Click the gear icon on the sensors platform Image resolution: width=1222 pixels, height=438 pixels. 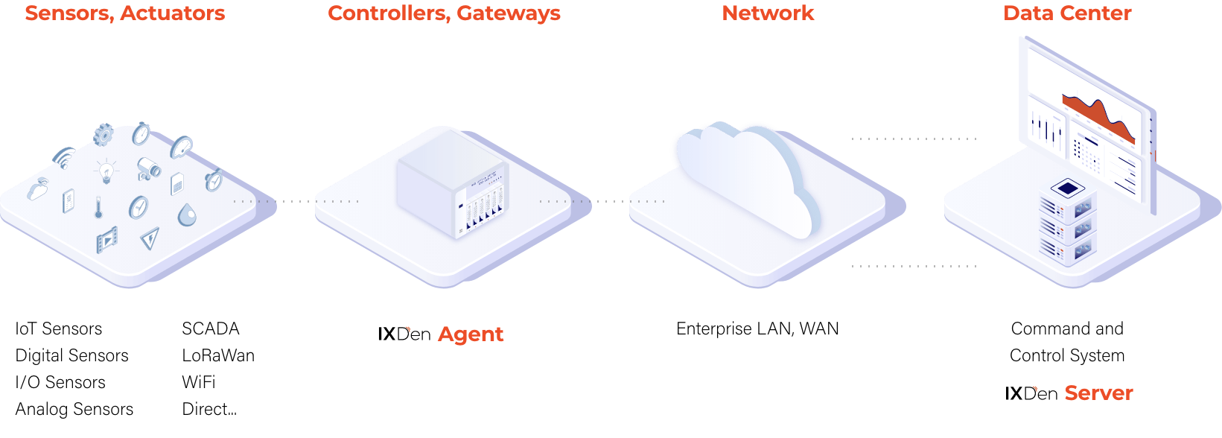click(x=104, y=134)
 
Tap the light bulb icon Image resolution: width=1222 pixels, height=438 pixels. click(x=106, y=171)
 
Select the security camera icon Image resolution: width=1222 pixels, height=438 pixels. click(x=148, y=168)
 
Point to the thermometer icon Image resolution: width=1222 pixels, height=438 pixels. click(x=98, y=206)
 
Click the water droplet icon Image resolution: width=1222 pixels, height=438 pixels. click(x=187, y=215)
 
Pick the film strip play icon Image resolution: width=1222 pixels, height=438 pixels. click(x=106, y=240)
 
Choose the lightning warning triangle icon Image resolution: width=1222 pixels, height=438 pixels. click(x=150, y=238)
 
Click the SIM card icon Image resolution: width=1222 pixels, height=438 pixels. click(x=177, y=183)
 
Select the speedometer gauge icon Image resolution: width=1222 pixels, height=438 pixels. click(x=139, y=207)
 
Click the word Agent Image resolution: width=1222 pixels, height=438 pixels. click(x=471, y=334)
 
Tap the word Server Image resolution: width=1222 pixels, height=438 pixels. click(x=1098, y=393)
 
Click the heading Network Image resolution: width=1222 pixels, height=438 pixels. click(x=768, y=13)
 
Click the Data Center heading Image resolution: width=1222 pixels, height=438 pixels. click(x=1067, y=13)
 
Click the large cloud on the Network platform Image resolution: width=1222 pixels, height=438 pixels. click(x=745, y=175)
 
